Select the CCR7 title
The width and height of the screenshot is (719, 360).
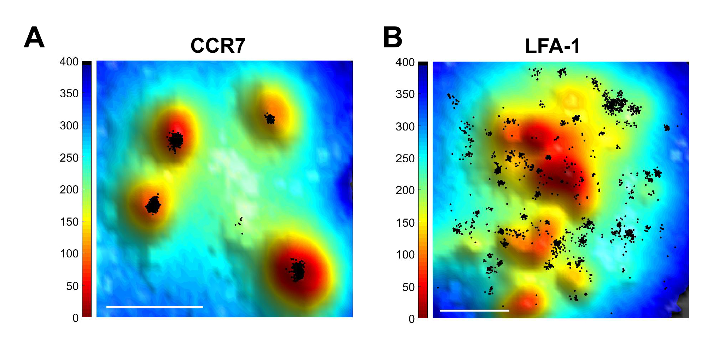click(218, 46)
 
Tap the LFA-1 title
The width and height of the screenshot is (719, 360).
click(553, 46)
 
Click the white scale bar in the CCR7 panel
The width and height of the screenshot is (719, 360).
click(154, 307)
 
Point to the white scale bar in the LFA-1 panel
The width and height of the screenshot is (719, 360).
click(474, 310)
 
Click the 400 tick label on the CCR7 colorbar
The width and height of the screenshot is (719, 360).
click(69, 62)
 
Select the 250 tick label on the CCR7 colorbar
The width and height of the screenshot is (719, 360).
click(69, 158)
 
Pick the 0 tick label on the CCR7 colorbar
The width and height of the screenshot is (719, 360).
click(75, 318)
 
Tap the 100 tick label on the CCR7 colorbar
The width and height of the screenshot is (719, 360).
click(69, 254)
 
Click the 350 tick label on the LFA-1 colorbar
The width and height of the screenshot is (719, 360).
click(405, 94)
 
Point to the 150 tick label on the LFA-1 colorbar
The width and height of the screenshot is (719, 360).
click(405, 223)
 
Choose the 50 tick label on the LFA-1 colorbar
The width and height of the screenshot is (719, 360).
click(408, 287)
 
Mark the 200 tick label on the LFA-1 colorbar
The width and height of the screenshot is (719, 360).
click(405, 190)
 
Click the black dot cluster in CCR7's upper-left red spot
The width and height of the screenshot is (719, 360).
click(175, 141)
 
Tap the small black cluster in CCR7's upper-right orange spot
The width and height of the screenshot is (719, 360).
click(270, 119)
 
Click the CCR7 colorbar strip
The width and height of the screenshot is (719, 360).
click(87, 189)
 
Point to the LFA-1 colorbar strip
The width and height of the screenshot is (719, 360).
click(423, 190)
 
